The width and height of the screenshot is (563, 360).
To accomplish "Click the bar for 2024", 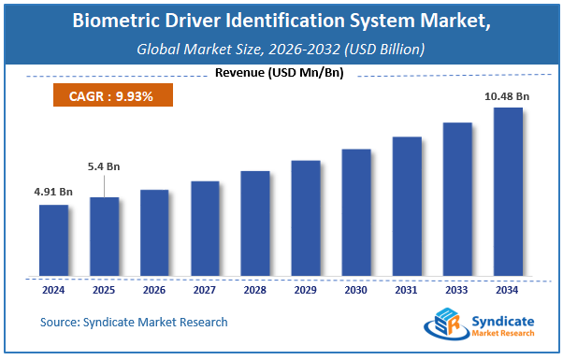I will click(53, 240).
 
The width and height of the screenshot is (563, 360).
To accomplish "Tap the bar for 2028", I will click(254, 223).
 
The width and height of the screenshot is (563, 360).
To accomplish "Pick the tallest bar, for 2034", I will click(507, 192).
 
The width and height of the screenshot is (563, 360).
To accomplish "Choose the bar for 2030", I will click(355, 212).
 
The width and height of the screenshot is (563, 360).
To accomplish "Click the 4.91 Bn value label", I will click(53, 192).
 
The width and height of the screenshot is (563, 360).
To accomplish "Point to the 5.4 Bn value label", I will click(103, 166).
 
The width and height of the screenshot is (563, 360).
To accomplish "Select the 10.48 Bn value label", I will click(507, 95).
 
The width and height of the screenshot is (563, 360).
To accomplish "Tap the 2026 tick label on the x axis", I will click(154, 289).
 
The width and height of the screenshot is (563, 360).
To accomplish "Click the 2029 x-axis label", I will click(305, 289).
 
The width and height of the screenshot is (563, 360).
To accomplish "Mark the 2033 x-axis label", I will click(456, 289).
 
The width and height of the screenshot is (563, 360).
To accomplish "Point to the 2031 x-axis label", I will click(406, 289).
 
